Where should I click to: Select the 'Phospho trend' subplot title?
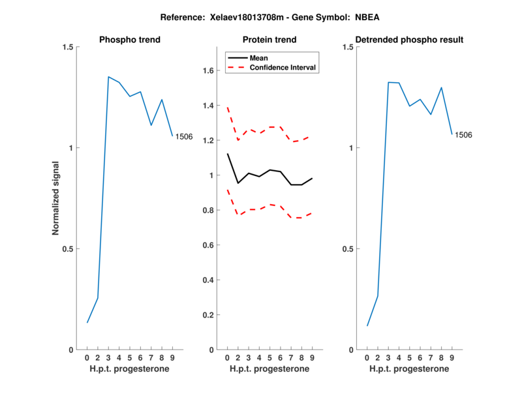(x=130, y=40)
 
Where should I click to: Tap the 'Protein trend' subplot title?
(x=269, y=40)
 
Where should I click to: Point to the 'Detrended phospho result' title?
(x=410, y=40)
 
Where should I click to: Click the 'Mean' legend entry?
(x=258, y=58)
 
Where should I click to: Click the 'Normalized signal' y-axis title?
(x=56, y=198)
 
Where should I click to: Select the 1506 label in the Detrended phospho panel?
(x=463, y=135)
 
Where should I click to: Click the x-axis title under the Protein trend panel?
(x=269, y=369)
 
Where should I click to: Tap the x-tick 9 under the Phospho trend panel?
(x=172, y=358)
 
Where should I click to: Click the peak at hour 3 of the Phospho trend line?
(x=108, y=77)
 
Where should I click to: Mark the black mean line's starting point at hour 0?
(x=227, y=154)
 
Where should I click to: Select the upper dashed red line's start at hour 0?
(x=227, y=106)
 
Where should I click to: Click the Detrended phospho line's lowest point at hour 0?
(x=367, y=326)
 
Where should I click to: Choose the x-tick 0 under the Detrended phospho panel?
(x=367, y=358)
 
